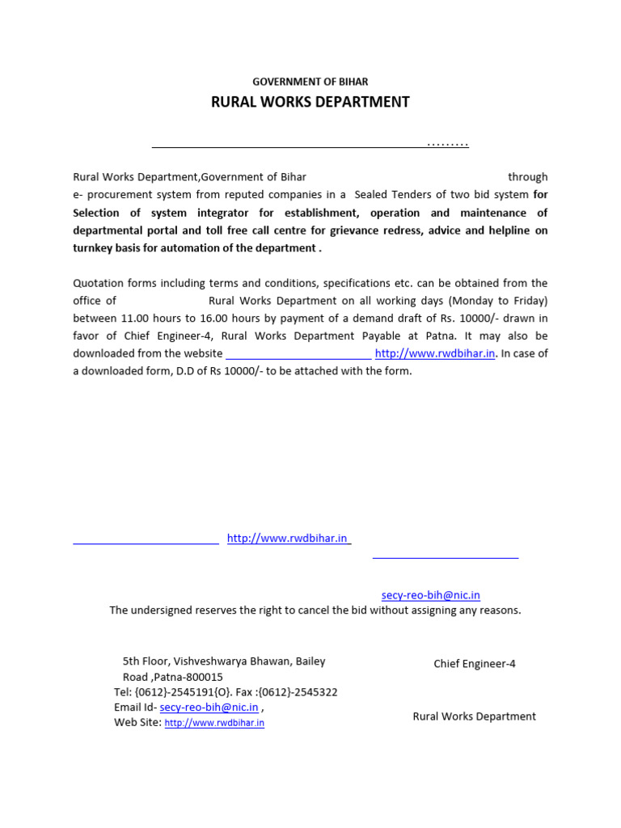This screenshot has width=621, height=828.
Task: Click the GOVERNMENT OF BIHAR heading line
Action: point(310,82)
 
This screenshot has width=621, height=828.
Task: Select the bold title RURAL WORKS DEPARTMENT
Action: point(310,102)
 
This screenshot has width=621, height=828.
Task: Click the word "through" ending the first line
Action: point(527,177)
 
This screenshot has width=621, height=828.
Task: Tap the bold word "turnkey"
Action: point(94,248)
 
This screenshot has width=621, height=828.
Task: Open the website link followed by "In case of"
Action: point(434,354)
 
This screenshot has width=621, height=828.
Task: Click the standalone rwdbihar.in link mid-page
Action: point(287,539)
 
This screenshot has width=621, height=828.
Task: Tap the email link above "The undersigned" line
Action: point(430,595)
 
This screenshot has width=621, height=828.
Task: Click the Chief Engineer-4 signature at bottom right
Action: point(475,664)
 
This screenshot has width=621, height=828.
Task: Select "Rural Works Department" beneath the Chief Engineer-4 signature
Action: point(474,716)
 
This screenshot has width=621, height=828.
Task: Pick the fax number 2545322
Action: point(317,692)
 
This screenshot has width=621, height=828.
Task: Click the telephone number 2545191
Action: point(190,692)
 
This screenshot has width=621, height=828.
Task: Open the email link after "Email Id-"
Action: point(209,708)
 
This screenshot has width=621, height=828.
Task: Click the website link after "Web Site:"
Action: point(214,723)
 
